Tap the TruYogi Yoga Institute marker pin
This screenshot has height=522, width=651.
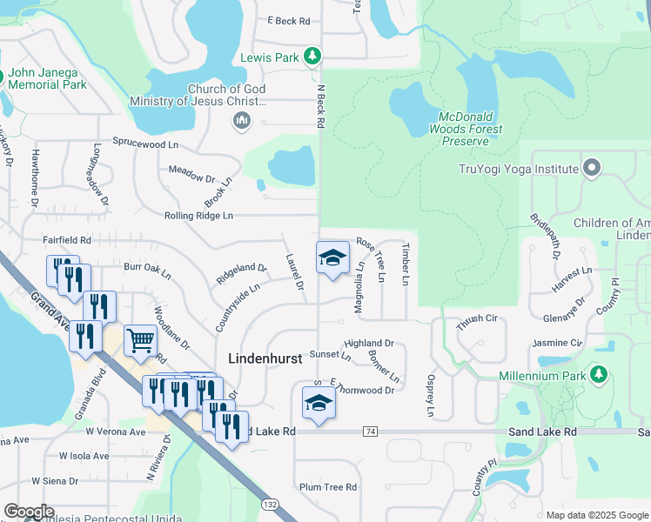point(593,167)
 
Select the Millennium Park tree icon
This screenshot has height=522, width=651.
point(598,375)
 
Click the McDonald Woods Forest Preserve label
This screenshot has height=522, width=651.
point(471,129)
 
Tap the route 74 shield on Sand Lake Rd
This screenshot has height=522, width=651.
point(371,432)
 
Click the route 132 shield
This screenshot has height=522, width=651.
point(271,505)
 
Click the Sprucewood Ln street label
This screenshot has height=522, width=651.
point(145,142)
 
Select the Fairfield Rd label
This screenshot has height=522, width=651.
point(67,239)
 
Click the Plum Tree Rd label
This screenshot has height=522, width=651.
point(328,487)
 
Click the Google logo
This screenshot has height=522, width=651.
point(29,512)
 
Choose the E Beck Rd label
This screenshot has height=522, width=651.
point(289,21)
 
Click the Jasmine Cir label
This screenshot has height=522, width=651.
point(556,344)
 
